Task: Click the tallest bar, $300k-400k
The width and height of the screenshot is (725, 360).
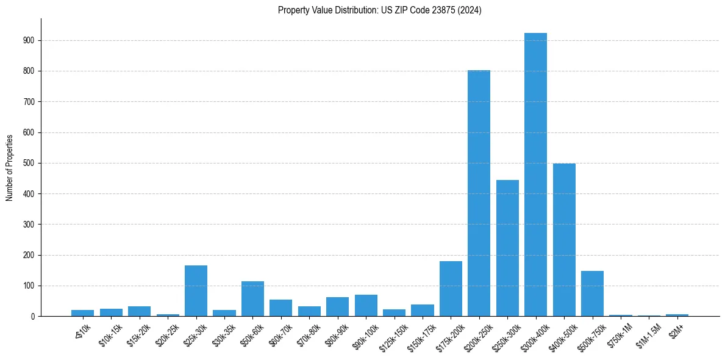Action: (535, 175)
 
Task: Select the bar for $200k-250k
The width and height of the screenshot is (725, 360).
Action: (479, 193)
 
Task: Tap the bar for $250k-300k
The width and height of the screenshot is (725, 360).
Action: (507, 248)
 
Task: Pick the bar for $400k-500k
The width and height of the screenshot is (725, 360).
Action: (564, 240)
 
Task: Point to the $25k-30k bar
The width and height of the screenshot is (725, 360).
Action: (196, 290)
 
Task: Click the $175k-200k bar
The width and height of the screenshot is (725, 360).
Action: (451, 289)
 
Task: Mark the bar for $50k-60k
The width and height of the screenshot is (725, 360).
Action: (252, 298)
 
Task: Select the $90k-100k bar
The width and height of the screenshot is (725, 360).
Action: (366, 305)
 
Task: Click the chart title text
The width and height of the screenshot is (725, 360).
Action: (379, 10)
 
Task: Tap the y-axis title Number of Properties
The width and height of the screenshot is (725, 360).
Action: (10, 167)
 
